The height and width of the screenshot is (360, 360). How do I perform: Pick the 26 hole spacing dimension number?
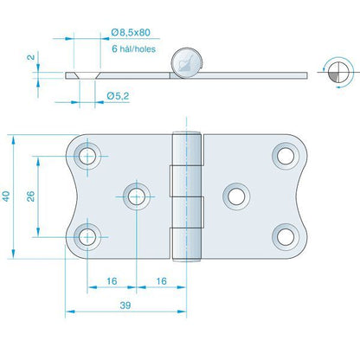click(32, 196)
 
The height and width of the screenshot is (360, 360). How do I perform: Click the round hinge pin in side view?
click(185, 62)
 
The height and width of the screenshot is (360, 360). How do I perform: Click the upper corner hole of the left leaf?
click(87, 157)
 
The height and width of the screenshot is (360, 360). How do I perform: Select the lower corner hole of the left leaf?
click(87, 235)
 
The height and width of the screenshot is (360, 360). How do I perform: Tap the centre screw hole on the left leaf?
click(136, 196)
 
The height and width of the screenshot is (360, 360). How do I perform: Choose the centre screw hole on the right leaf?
click(235, 196)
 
